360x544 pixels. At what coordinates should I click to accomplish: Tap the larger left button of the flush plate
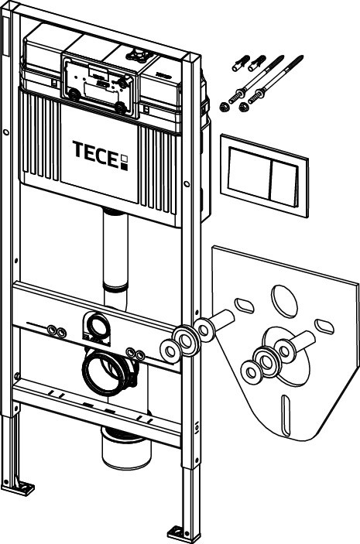pos(249,171)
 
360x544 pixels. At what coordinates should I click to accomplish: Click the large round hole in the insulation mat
pos(284,301)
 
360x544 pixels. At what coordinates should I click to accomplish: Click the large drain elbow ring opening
pos(105,371)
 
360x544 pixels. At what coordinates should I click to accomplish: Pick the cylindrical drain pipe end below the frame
pos(126,449)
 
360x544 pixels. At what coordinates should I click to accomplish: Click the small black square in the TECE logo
pos(124,167)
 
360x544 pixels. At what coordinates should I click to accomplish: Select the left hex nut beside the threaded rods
pos(225,107)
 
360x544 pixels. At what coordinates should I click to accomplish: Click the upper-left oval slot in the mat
pos(245,306)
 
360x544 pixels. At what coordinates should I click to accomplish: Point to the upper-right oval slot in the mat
pos(324,327)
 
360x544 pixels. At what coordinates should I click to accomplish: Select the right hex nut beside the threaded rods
pos(244,107)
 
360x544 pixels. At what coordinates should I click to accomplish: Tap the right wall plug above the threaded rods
pos(257,63)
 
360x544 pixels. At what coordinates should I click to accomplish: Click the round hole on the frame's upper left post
pos(5,132)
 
